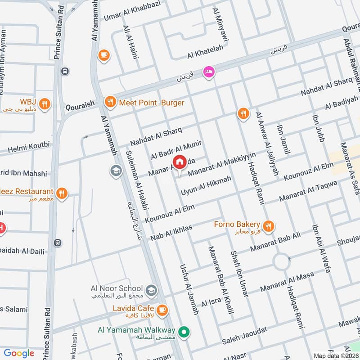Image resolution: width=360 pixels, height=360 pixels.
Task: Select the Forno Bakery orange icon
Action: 269,227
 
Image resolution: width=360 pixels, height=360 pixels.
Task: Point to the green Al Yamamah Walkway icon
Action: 183,333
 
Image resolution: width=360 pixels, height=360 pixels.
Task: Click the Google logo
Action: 18,353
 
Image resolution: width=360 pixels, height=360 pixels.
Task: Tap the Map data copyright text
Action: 336,355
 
